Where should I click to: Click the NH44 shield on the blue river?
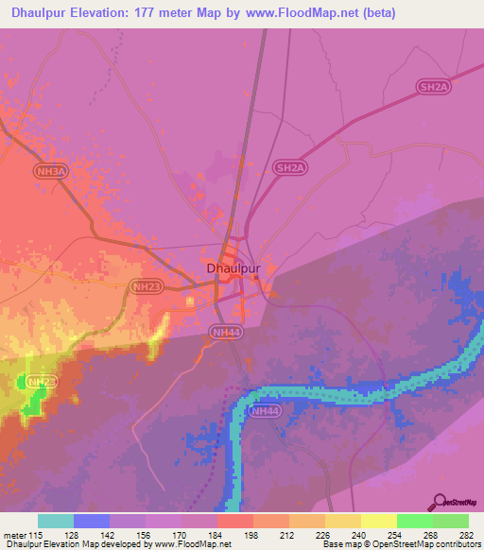[x=266, y=411]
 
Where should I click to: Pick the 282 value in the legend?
[x=465, y=534]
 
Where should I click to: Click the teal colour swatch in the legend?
[x=56, y=521]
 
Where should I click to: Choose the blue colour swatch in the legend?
[x=92, y=521]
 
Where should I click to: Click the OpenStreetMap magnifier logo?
[x=441, y=503]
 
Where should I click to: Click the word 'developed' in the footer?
[x=120, y=544]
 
